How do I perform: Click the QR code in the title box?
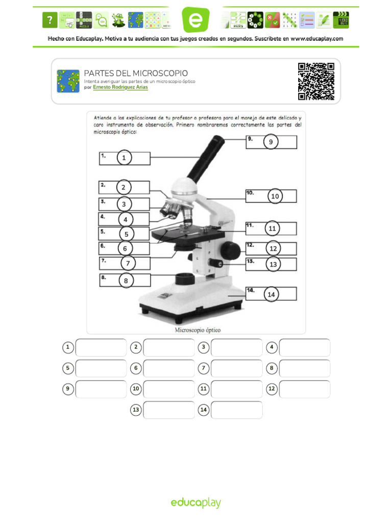point(316,81)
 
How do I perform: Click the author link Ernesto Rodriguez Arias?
point(120,87)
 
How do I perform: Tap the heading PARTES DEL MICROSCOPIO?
point(136,74)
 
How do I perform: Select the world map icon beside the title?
point(68,81)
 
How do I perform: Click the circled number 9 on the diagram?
point(271,142)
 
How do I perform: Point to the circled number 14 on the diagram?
point(271,294)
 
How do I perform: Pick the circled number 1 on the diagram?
point(124,158)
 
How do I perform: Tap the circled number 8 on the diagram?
point(126,280)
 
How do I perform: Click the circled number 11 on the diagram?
point(272,228)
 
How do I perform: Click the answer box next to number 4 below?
point(305,347)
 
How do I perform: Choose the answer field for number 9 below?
point(101,389)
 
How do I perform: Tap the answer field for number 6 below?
point(168,368)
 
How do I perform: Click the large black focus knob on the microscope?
point(231,250)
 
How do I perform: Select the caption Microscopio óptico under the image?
point(198,329)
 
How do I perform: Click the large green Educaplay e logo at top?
point(196,20)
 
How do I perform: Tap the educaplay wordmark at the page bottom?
point(196,503)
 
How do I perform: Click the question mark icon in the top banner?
point(49,20)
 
